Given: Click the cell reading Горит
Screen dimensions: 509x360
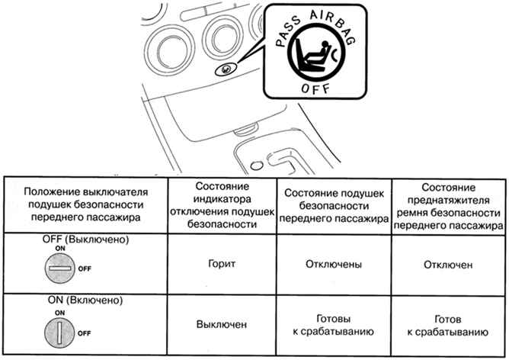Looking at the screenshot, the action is pos(222,263).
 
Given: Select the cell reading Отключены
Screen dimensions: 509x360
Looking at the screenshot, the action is pos(334,264).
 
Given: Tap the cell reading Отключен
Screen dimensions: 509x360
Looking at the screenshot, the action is pos(448,265).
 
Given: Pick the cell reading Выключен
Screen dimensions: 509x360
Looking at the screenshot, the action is pos(222,324).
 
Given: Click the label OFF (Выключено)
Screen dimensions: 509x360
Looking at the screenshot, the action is pos(85,239).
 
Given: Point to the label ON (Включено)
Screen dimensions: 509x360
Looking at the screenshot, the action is pos(85,300).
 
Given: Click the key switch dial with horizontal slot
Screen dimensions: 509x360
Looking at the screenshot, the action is pos(59,268).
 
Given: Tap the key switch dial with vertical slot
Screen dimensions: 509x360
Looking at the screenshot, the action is pos(59,333).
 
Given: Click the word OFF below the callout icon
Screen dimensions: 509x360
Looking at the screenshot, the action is pos(315,88).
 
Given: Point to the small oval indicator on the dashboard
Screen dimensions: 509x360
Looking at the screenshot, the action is pos(226,69).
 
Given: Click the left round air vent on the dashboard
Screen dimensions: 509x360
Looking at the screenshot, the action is pos(169,50).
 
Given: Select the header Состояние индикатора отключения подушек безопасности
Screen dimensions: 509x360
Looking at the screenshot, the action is pos(222,205).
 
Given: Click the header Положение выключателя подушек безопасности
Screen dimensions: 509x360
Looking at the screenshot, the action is pos(85,204).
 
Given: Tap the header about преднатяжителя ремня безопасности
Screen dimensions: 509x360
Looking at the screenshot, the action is pos(448,207).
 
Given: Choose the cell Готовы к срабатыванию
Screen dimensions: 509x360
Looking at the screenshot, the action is pos(334,325).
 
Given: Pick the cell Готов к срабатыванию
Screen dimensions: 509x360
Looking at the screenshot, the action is pos(448,326).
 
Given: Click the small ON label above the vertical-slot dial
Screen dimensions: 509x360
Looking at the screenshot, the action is pos(59,313).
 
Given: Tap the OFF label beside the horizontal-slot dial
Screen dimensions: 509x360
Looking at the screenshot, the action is pos(85,268).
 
